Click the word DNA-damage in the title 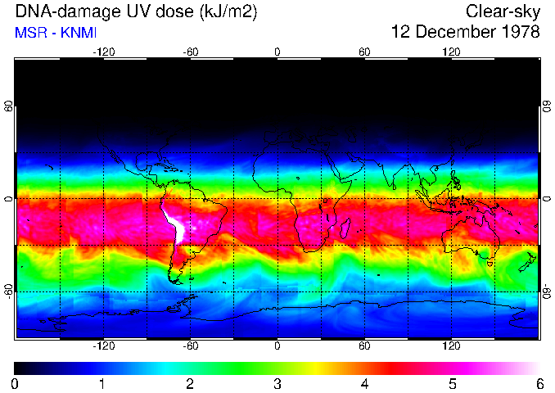tap(58, 11)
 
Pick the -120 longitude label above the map tap(103, 52)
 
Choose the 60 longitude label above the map tap(364, 52)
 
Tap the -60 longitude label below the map tap(190, 346)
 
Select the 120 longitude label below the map tap(451, 346)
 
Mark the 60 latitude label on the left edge tap(9, 107)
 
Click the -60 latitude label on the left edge tap(9, 290)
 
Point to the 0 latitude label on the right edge tap(546, 199)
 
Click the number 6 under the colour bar tap(539, 383)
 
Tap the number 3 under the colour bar tap(277, 383)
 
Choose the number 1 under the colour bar tap(102, 383)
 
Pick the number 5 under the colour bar tap(452, 383)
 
